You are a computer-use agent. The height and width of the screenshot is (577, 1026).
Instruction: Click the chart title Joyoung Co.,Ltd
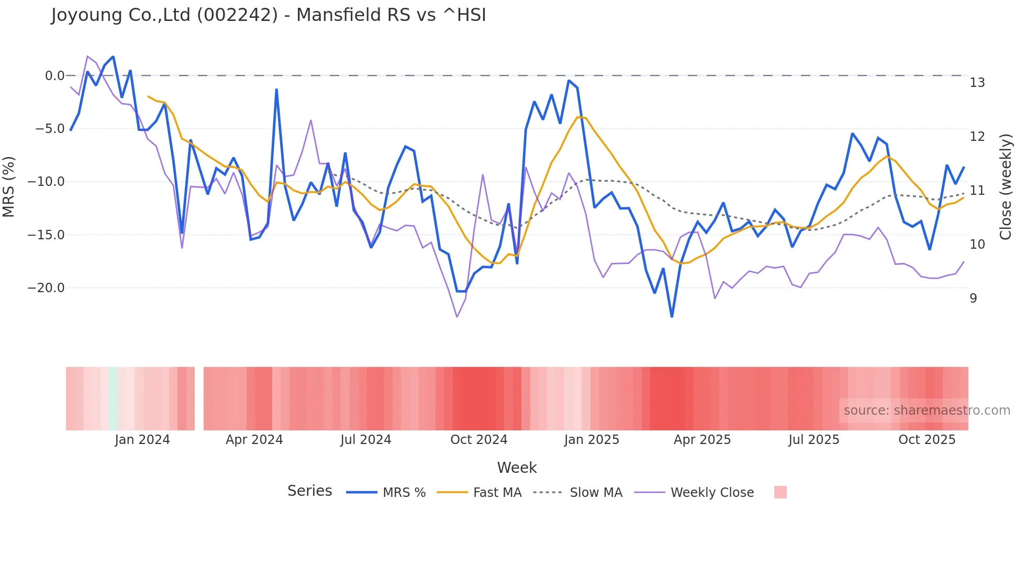tap(269, 15)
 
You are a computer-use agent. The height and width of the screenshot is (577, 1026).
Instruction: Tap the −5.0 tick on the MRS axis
tap(50, 129)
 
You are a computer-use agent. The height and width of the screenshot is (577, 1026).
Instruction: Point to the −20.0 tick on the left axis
tap(46, 288)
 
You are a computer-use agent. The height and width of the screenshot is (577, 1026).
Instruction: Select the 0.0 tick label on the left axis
tap(54, 76)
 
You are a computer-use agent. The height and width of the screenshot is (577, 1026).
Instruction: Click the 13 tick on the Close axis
tap(977, 83)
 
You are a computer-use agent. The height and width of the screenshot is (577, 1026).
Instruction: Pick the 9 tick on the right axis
tap(973, 298)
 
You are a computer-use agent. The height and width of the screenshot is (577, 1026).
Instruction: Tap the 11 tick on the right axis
tap(977, 191)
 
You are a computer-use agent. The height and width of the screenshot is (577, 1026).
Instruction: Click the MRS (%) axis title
tap(9, 187)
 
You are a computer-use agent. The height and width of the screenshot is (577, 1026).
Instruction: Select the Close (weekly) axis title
tap(1006, 187)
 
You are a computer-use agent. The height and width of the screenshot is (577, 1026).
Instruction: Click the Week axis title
tap(517, 468)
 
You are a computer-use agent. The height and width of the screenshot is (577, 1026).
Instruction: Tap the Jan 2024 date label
tap(142, 440)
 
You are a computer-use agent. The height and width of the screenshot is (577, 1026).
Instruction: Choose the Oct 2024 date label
tap(479, 440)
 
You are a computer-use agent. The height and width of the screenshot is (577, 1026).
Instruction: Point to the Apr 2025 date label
tap(702, 440)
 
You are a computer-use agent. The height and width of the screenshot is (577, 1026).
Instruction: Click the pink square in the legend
tap(780, 492)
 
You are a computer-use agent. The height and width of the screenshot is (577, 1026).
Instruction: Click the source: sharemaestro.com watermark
tap(927, 410)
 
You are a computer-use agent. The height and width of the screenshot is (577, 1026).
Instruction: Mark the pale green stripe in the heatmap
tap(114, 398)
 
